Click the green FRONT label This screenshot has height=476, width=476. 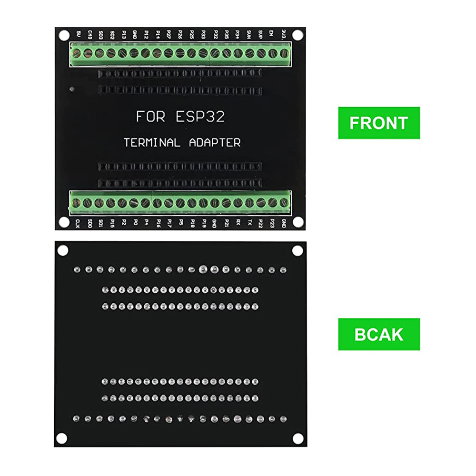[379, 123]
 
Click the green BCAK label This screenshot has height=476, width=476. [379, 334]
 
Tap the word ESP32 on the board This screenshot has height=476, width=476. [199, 117]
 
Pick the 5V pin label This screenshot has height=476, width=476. [79, 34]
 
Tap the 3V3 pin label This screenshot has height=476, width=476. [284, 34]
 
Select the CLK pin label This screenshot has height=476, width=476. [78, 223]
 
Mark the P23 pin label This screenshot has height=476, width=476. [272, 223]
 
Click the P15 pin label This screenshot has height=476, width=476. [112, 223]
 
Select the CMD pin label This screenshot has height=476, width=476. [90, 34]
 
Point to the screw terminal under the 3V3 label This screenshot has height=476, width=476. [285, 53]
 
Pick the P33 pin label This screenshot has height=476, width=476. [204, 34]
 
